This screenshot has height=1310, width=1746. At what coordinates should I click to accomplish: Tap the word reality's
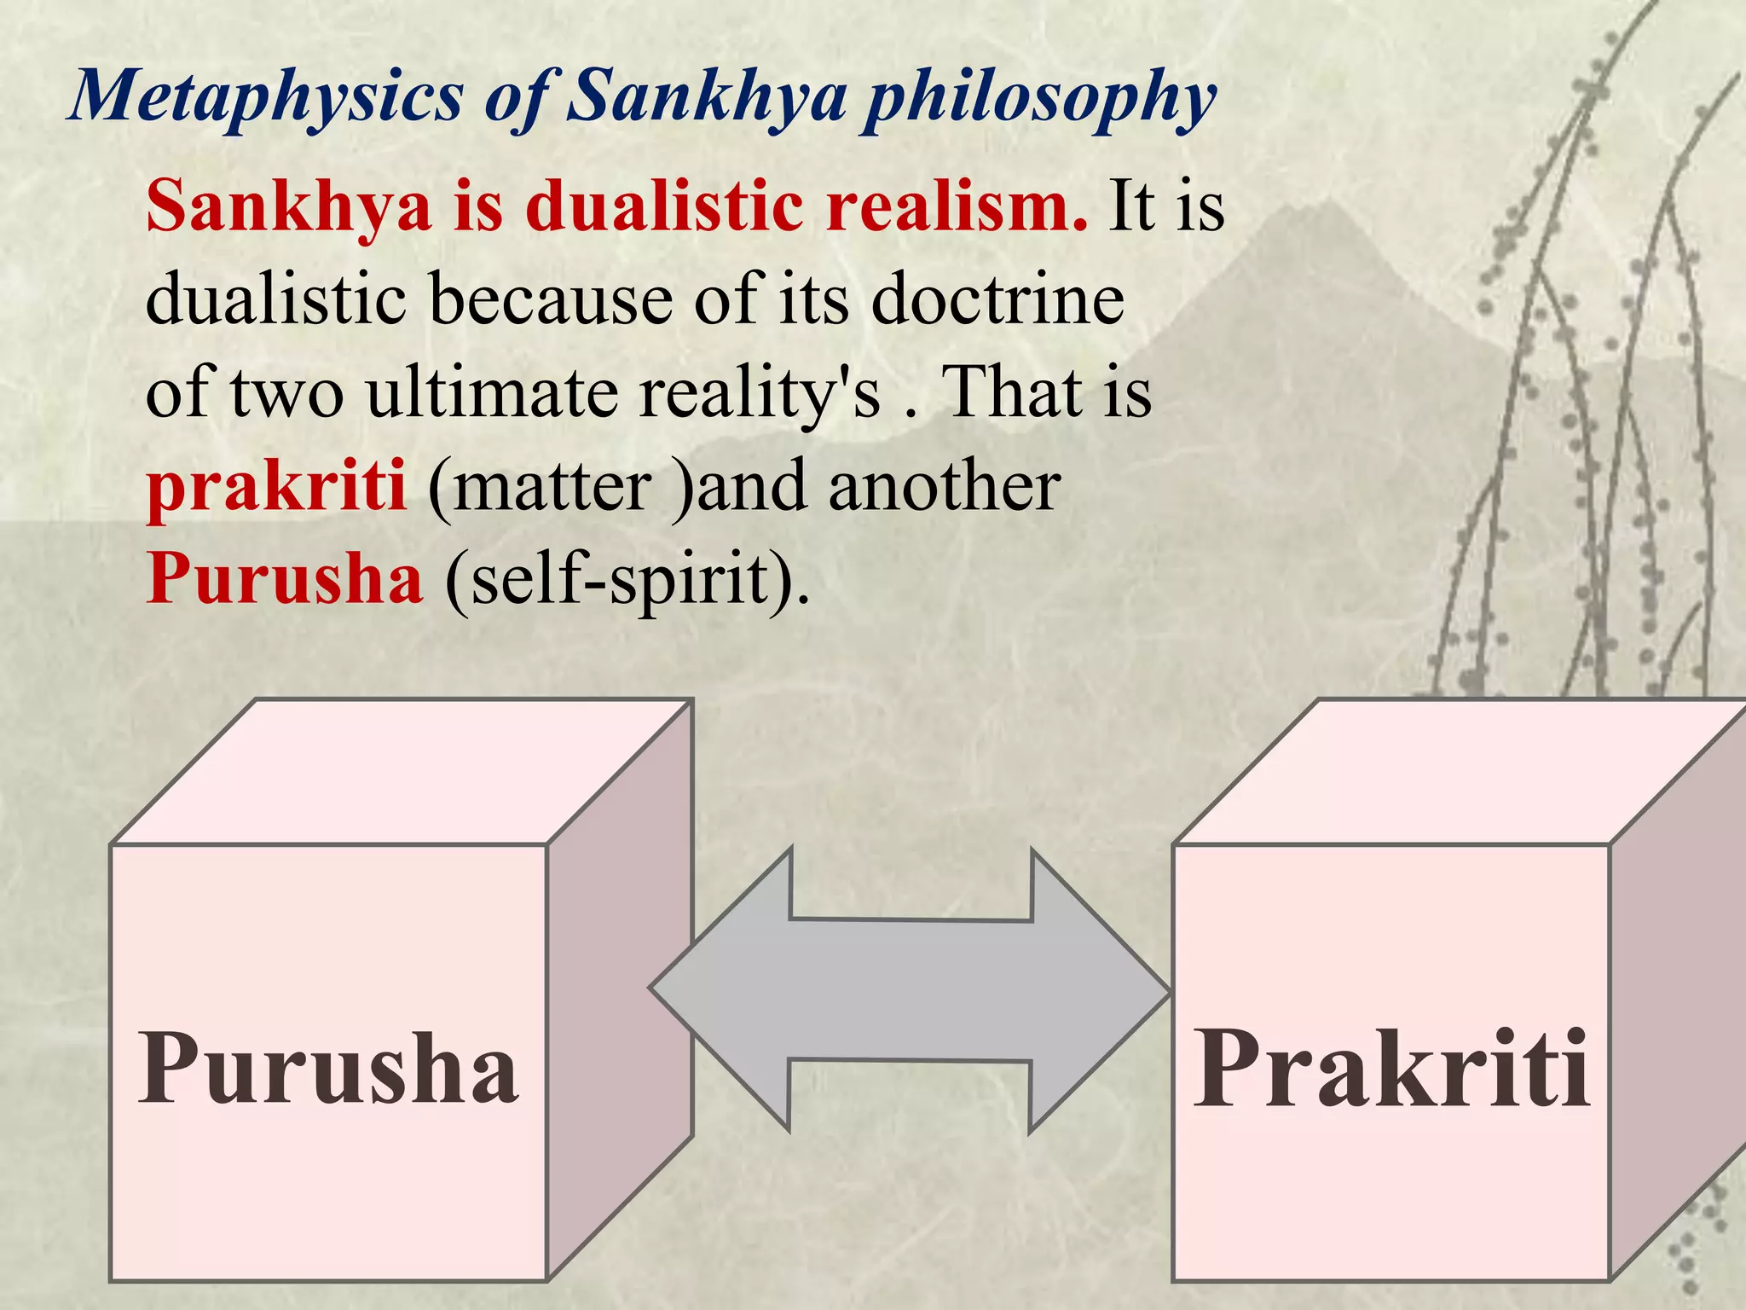(x=759, y=394)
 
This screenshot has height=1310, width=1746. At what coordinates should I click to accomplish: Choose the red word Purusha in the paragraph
(x=285, y=580)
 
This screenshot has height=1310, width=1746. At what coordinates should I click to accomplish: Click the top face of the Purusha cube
(x=401, y=772)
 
